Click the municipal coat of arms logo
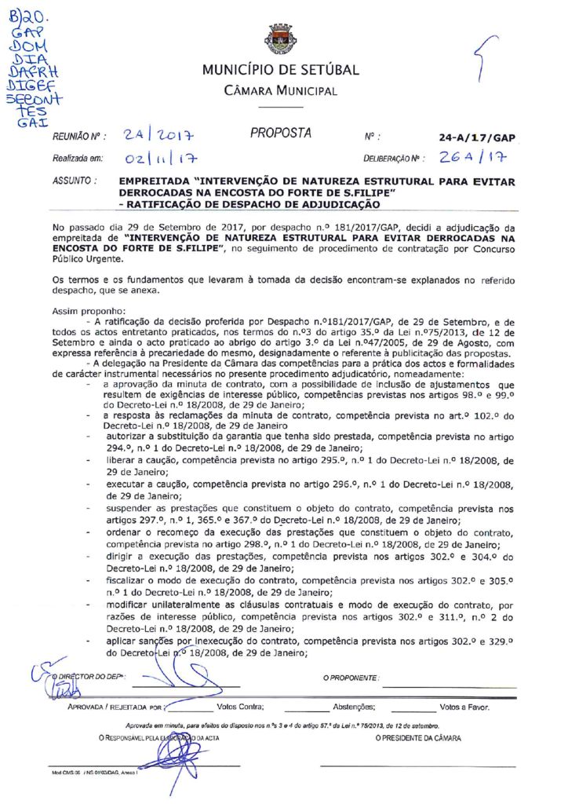[x=280, y=38]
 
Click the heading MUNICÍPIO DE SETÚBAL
[x=280, y=70]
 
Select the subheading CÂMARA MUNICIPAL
[x=280, y=91]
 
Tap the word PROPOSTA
[x=280, y=133]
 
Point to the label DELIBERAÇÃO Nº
[x=393, y=159]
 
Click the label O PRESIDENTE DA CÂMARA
[x=418, y=739]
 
